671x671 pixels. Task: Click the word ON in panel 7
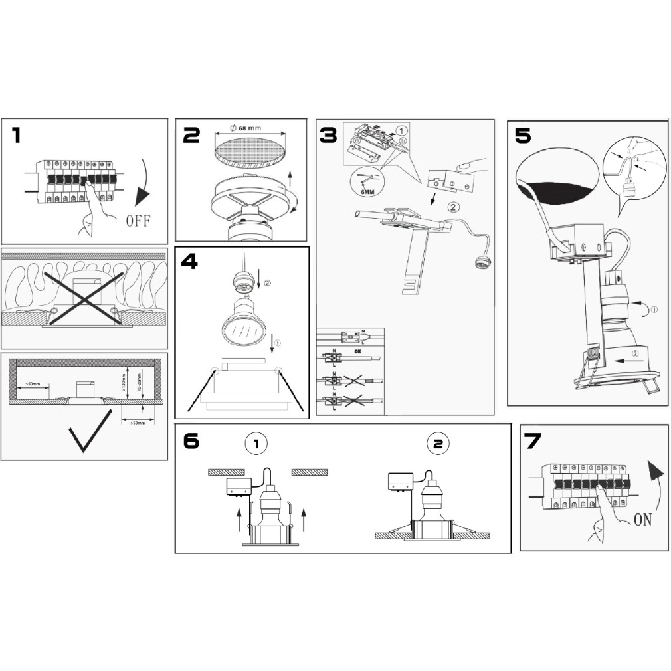tap(642, 519)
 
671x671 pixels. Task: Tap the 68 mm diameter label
tap(246, 128)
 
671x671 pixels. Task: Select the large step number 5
tap(523, 135)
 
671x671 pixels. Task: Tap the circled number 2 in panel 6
tap(437, 443)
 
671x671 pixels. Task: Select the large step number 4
tap(189, 262)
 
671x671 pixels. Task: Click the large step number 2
tap(191, 136)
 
